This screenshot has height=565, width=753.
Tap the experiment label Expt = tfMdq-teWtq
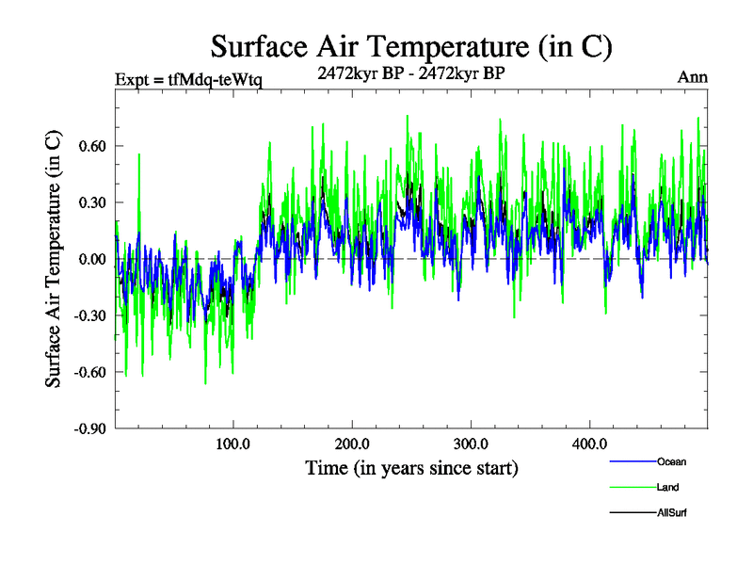188,78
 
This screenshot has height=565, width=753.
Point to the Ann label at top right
693,77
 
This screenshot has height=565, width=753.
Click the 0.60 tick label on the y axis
92,146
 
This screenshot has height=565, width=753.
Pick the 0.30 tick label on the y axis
92,202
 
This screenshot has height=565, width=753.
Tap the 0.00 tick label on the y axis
92,259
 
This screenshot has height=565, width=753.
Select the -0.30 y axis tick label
90,315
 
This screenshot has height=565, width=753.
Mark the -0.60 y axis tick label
90,372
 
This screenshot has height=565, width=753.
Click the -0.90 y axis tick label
90,428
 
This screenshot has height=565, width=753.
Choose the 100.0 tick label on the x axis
232,444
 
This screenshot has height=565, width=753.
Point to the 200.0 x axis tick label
351,444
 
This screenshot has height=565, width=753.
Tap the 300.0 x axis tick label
470,444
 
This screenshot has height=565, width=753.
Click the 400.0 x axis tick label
588,444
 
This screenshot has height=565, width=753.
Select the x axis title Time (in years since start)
411,467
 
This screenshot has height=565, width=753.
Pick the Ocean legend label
672,462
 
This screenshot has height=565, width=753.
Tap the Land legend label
667,488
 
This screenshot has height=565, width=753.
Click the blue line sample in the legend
633,462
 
